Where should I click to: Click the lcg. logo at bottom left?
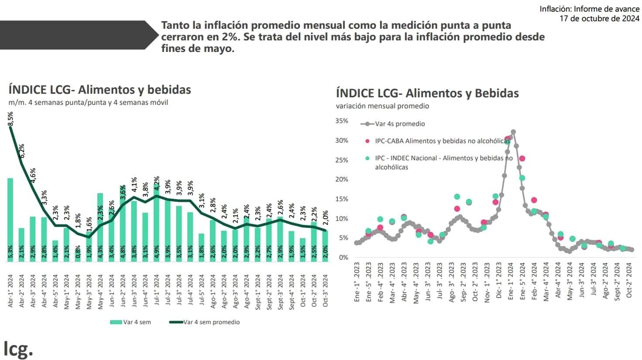pos(18,349)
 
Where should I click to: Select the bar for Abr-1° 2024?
pos(10,218)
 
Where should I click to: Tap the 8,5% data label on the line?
pos(10,119)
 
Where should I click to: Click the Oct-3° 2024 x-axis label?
pos(325,291)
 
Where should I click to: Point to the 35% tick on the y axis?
pos(342,121)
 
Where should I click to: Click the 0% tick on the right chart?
pos(343,257)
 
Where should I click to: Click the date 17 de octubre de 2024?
pos(599,18)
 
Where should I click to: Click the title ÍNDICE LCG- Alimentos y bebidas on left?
pos(100,90)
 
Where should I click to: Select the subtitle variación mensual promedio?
pos(382,106)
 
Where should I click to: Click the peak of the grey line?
pos(513,132)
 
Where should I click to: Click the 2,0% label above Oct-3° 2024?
pos(325,216)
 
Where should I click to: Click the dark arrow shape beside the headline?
pos(79,35)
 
